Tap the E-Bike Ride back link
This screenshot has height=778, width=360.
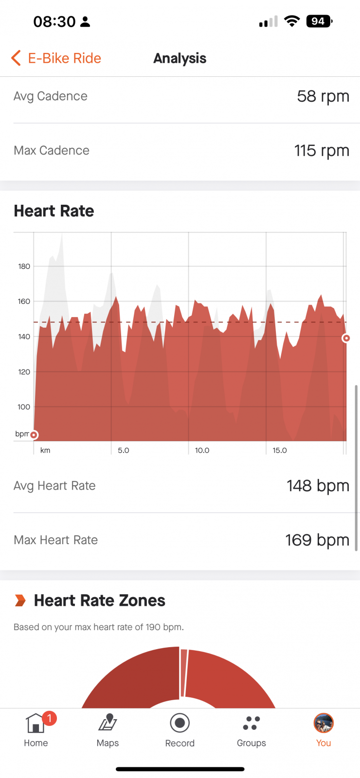56,58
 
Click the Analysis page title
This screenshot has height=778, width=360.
180,58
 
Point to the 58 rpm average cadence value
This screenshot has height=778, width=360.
323,97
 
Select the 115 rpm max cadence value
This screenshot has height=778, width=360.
322,151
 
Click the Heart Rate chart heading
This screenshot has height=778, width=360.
54,211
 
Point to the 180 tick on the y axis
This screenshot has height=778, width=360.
24,266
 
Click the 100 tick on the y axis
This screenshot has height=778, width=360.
24,407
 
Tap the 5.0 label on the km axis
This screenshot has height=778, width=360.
124,450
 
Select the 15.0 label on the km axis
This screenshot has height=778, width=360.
280,450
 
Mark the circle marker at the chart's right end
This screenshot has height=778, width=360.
346,338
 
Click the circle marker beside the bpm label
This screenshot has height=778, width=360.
34,435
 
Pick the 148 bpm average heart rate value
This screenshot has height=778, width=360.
318,486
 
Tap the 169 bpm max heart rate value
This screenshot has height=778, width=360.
317,540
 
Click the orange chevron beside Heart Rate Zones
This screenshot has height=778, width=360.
20,600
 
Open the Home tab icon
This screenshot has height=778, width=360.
36,723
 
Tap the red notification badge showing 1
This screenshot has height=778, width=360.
49,718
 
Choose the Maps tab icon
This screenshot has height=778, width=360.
108,723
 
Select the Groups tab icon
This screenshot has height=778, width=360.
252,723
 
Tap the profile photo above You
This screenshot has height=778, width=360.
324,723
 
